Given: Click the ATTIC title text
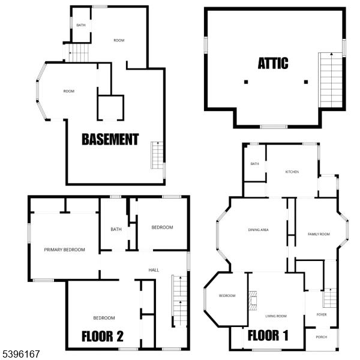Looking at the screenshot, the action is coord(273,63).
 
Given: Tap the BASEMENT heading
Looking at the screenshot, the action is coord(110,139).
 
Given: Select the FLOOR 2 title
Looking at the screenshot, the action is coord(103,337).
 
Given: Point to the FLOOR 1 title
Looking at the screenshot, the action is coord(268,335).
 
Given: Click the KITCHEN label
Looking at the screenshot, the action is coord(292,172).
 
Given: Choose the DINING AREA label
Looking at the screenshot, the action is coord(258,230).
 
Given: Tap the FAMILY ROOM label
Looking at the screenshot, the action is coord(319,234).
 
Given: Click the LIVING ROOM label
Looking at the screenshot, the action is coord(276,316).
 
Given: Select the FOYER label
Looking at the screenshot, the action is coord(322,314).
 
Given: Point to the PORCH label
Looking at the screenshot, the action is coord(322,337).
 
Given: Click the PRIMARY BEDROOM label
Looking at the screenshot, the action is coord(65,250).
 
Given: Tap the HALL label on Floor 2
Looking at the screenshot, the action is coord(154,270).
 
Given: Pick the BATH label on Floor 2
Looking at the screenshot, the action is coord(116,229).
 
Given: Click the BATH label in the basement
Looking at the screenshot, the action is coord(81,25).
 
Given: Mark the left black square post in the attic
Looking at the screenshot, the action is coord(246,82).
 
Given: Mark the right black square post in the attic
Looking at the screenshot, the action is coord(306,82).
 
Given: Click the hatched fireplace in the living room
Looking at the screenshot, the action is coord(253,301).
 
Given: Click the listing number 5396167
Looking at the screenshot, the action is coord(21,354).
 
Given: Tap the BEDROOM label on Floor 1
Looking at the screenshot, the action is coord(227,295).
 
